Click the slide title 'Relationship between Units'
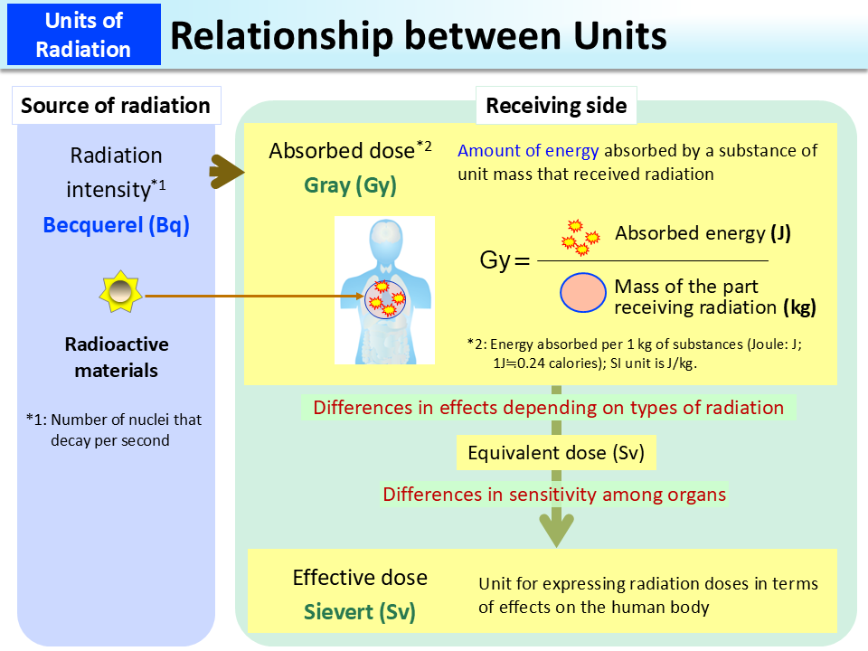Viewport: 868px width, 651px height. (x=419, y=35)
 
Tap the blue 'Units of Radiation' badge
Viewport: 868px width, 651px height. (x=83, y=35)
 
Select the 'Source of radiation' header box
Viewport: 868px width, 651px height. (x=116, y=106)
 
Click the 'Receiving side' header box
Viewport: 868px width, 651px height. (x=556, y=106)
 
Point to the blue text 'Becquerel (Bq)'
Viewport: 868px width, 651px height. (x=117, y=225)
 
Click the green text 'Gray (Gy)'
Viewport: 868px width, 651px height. (x=350, y=185)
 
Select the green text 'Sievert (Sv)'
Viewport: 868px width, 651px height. (x=359, y=611)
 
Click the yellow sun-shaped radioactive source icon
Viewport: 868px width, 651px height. (x=120, y=294)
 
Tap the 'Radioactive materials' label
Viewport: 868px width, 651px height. (x=117, y=357)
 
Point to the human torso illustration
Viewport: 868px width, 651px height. (x=384, y=289)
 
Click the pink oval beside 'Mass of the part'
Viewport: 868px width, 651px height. (x=583, y=296)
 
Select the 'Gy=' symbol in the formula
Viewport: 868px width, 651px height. (x=503, y=262)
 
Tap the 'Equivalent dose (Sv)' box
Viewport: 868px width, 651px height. (x=556, y=453)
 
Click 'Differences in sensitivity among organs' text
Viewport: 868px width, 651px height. (x=554, y=495)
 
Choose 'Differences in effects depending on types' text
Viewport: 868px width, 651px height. (x=548, y=408)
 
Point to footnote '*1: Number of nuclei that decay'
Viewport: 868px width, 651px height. (x=114, y=429)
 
